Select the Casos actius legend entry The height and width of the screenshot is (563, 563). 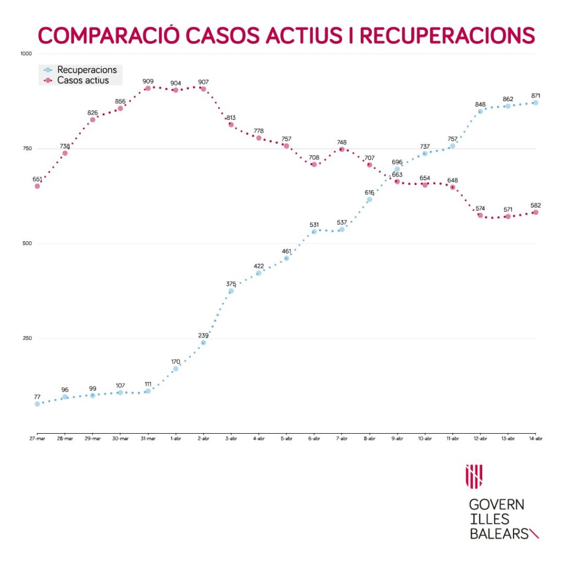point(82,80)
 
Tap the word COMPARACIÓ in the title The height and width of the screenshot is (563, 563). point(108,35)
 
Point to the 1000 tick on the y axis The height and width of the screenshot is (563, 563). point(26,54)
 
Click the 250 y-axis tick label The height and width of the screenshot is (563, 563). point(27,339)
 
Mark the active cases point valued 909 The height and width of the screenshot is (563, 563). point(148,88)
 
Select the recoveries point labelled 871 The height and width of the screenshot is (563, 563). point(535,103)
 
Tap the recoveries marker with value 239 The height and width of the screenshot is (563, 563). point(203,343)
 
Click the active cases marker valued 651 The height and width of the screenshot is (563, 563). point(37,186)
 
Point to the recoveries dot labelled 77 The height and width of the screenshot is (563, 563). point(37,404)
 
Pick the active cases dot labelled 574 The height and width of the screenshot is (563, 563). point(480,215)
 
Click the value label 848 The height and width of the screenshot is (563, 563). point(480,104)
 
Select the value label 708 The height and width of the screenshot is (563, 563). point(314,157)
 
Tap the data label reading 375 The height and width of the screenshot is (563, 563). point(231,284)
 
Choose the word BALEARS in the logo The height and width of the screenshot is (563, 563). point(498,533)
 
